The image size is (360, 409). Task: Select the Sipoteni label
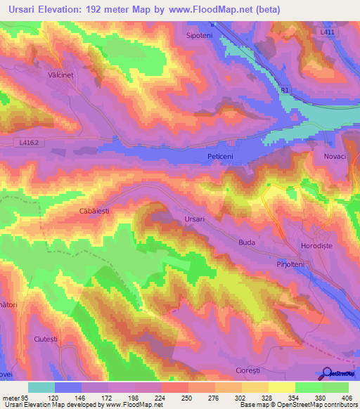point(199,34)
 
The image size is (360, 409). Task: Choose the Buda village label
point(247,242)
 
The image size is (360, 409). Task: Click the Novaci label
point(335,157)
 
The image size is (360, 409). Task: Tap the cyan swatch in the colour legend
point(41,387)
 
